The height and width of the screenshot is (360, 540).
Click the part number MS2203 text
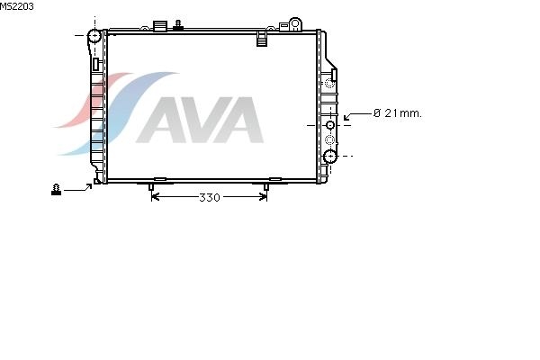tap(16, 6)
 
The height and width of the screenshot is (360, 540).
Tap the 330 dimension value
tap(210, 197)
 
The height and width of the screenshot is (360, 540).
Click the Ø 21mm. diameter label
tap(398, 113)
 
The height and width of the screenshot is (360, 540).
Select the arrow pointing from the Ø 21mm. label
tap(357, 116)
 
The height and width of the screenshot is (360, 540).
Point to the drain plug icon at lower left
tap(56, 190)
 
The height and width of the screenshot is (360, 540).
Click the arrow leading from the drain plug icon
tap(78, 188)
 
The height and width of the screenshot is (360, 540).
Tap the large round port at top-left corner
tap(94, 35)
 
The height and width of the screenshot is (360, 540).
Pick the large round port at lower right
tap(330, 157)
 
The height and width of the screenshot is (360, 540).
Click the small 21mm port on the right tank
tap(330, 125)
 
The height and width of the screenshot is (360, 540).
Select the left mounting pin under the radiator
tap(151, 187)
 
